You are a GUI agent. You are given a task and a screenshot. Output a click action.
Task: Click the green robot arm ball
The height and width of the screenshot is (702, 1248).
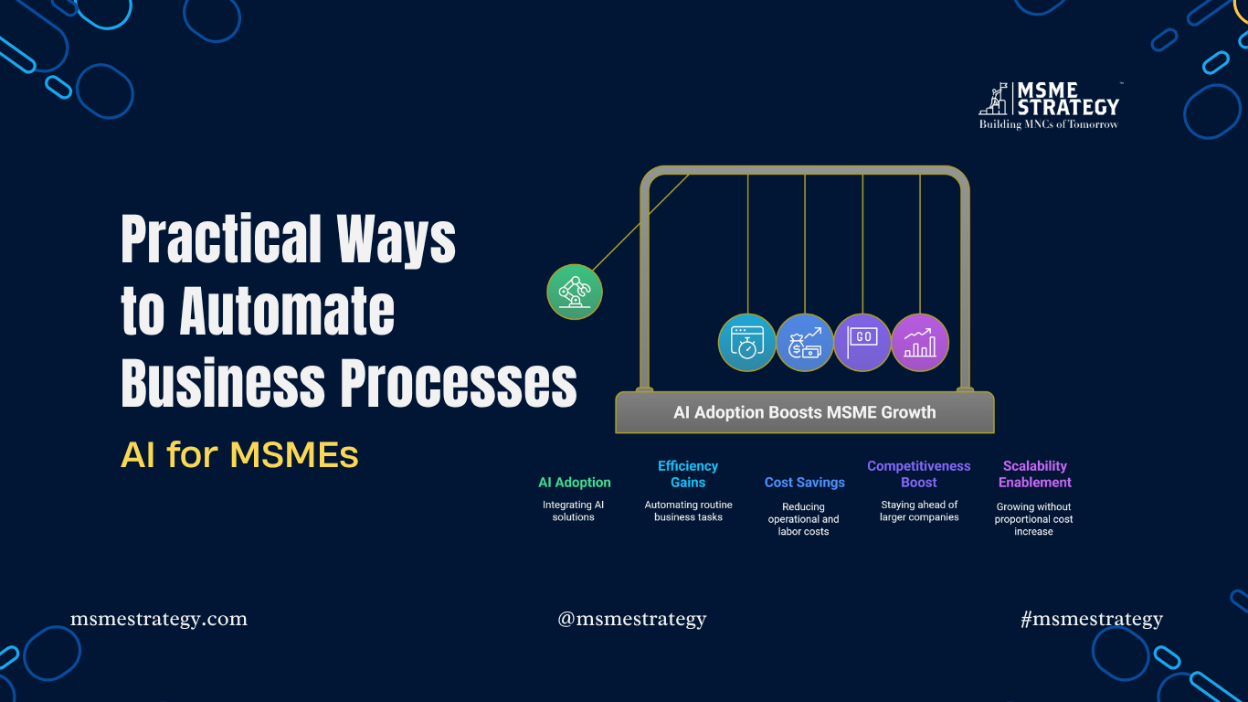point(575,292)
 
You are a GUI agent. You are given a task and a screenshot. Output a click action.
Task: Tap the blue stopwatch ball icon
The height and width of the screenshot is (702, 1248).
point(746,343)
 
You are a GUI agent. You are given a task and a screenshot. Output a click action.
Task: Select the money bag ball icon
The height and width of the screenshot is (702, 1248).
point(805,343)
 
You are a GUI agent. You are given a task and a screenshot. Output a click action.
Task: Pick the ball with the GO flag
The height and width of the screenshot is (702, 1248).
point(862,343)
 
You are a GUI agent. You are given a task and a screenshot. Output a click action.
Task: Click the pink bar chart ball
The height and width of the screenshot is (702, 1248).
point(920,343)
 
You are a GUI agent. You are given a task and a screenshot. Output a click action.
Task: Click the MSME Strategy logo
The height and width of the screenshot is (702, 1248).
point(1050,104)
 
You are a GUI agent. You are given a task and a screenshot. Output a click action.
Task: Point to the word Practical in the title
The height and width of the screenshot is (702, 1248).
point(220,239)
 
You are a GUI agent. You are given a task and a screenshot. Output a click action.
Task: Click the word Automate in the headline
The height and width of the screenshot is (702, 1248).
point(287,311)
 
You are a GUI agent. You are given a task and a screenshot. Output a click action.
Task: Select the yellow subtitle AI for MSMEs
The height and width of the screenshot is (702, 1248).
point(239,454)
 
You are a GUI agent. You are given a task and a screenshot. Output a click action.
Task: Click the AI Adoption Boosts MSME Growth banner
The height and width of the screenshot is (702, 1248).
point(804,412)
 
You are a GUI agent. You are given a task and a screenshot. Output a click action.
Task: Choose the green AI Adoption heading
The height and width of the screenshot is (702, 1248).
point(574,483)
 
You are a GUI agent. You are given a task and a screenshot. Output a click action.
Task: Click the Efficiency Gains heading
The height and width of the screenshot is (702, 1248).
point(688,474)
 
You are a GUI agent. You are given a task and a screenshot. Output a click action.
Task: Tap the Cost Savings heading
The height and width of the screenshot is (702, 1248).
point(804,483)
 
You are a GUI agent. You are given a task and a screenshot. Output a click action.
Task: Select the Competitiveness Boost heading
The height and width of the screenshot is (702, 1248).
point(919,474)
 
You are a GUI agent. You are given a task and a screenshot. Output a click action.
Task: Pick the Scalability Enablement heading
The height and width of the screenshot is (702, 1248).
point(1034,474)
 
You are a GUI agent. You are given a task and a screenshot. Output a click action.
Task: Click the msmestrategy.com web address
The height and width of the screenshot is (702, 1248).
point(159,619)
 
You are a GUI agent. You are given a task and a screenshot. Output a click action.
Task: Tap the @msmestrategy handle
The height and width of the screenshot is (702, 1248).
point(632,619)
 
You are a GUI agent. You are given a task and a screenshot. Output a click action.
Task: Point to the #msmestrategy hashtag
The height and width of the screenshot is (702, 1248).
point(1092,619)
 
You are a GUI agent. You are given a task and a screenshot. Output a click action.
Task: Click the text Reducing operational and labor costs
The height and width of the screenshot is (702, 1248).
point(804,519)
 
